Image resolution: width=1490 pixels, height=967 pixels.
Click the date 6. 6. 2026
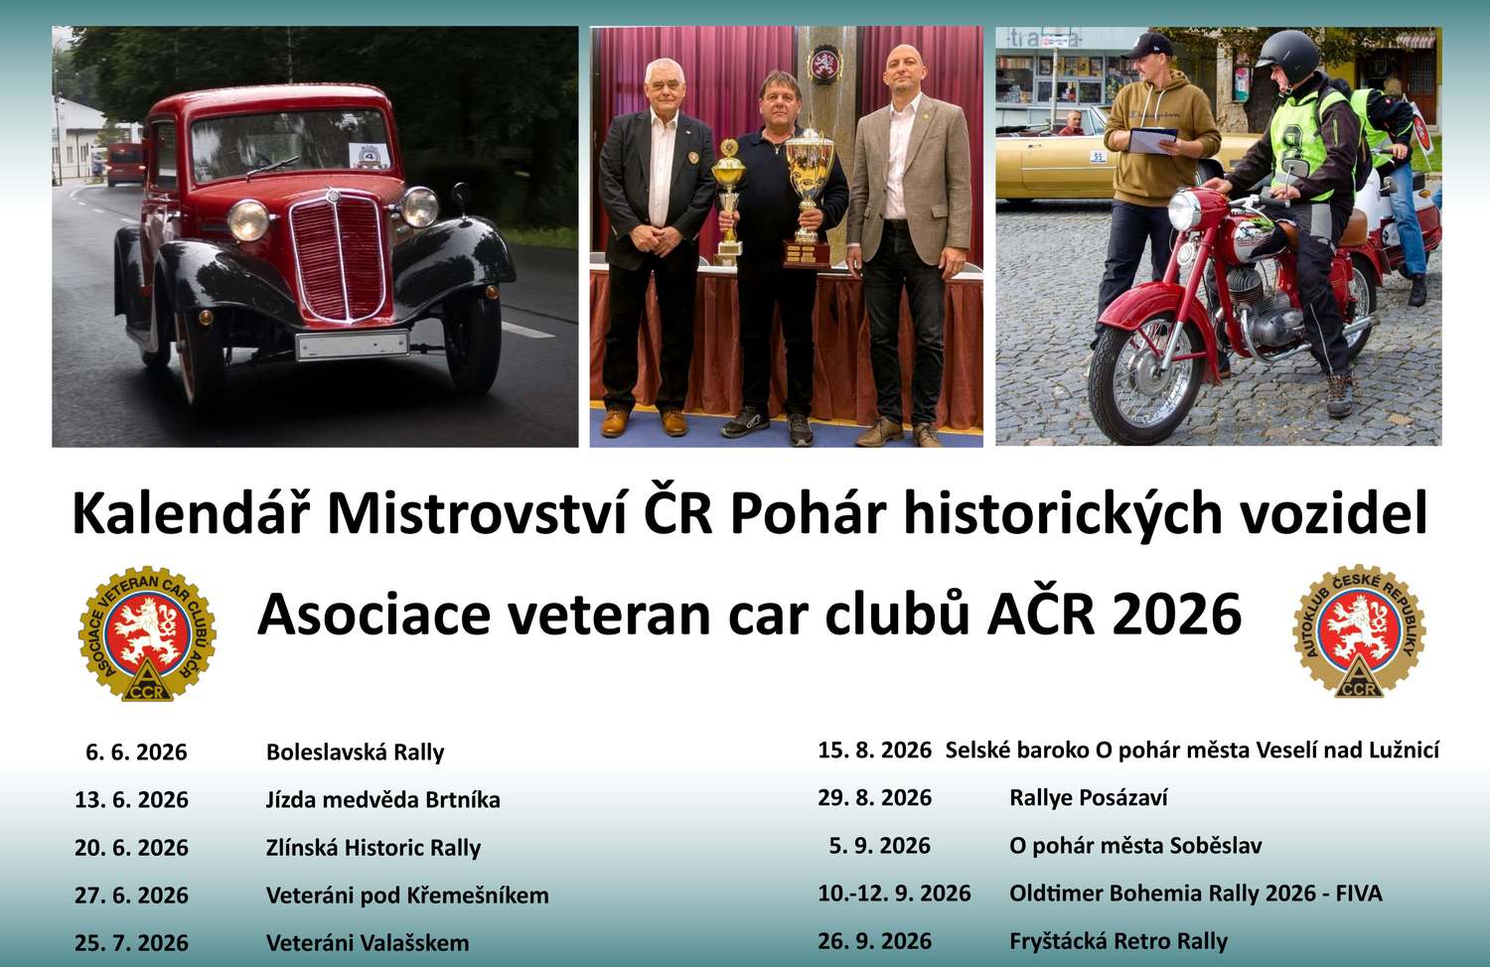pyautogui.click(x=136, y=752)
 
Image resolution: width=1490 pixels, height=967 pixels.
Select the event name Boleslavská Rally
pyautogui.click(x=356, y=752)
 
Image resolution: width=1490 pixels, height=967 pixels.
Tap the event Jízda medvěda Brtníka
pyautogui.click(x=383, y=799)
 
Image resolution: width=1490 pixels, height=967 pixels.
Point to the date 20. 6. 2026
pyautogui.click(x=132, y=848)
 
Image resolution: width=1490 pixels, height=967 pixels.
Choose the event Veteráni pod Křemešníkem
pyautogui.click(x=407, y=896)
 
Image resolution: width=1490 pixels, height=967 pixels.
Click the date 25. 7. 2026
pyautogui.click(x=132, y=943)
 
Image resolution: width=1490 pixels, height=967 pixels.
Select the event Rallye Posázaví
pyautogui.click(x=1089, y=797)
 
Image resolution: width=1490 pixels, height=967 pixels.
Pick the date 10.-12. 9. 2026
pyautogui.click(x=895, y=894)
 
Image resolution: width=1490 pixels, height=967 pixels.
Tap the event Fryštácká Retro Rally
pyautogui.click(x=1118, y=942)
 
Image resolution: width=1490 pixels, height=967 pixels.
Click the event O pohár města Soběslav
pyautogui.click(x=1135, y=846)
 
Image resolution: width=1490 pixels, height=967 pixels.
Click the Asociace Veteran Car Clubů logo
pyautogui.click(x=147, y=633)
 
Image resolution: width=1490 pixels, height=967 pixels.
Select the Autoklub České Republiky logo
pyautogui.click(x=1360, y=630)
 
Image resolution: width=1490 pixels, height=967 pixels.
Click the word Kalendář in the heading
pyautogui.click(x=193, y=513)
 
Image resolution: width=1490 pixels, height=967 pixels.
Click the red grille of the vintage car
pyautogui.click(x=340, y=259)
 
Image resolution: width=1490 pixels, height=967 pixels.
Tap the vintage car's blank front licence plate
pyautogui.click(x=352, y=345)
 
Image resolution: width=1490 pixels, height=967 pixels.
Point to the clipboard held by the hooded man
pyautogui.click(x=1152, y=140)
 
